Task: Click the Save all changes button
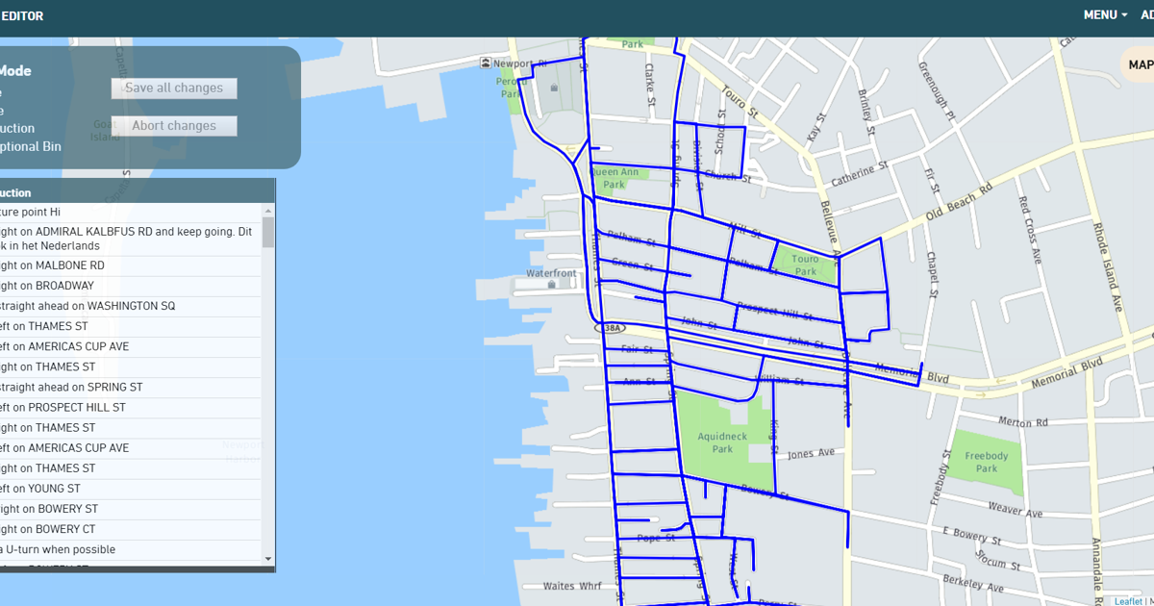(x=174, y=88)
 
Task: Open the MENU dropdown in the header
(x=1105, y=14)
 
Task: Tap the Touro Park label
(x=805, y=265)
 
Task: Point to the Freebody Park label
(x=987, y=462)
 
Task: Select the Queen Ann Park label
(x=615, y=178)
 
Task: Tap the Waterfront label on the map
(x=551, y=273)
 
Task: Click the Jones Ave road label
(x=813, y=454)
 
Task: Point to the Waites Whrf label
(x=572, y=586)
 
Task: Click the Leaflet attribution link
(x=1128, y=601)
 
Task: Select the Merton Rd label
(x=1022, y=422)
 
